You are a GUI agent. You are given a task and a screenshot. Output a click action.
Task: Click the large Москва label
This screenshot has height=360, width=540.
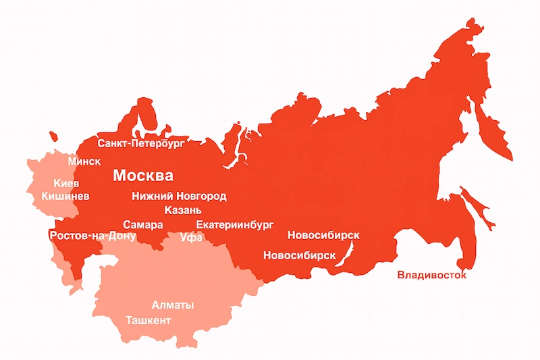[x=142, y=176]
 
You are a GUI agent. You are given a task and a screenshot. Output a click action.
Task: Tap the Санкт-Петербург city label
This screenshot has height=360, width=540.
[x=141, y=144]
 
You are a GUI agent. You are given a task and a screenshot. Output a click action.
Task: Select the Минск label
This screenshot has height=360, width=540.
[x=84, y=161]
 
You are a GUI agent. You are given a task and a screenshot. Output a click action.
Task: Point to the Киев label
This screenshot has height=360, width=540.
[x=66, y=183]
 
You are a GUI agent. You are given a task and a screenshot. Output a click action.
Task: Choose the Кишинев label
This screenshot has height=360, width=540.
[x=65, y=196]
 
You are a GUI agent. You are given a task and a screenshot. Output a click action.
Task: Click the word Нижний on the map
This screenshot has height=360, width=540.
[x=153, y=197]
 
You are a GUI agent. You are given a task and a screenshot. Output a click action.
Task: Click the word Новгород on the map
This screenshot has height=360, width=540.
[x=201, y=197]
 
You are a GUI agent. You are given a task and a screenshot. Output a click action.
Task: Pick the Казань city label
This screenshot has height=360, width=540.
[x=183, y=210]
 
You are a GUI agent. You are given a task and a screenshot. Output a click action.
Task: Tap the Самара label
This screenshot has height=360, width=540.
[x=142, y=224]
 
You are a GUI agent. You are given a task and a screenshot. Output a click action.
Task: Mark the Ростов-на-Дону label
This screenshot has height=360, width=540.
[x=92, y=236]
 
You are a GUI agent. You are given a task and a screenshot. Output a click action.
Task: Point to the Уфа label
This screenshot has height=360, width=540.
[x=192, y=237]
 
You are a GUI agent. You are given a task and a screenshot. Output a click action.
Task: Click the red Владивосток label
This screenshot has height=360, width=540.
[x=431, y=275]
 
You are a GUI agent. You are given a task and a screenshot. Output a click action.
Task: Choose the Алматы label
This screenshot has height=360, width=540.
[x=173, y=305]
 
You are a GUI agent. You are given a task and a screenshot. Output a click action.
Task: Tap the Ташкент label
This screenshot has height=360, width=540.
[x=148, y=319]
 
